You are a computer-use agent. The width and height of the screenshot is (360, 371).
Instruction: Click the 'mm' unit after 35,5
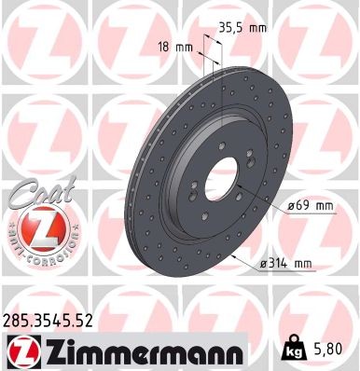point(258,28)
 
